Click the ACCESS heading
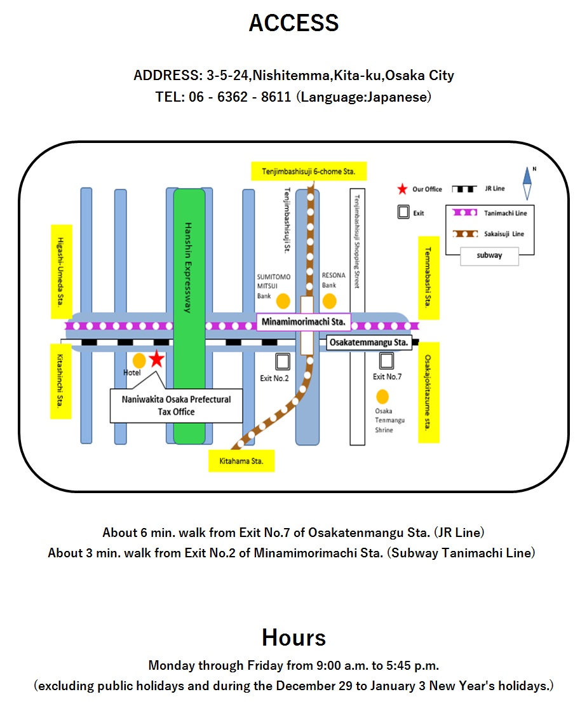[x=293, y=24]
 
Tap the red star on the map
[x=156, y=360]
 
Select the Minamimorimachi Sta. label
[x=304, y=323]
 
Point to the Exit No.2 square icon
[x=282, y=362]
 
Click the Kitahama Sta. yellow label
[x=241, y=461]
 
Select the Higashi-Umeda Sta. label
[x=61, y=271]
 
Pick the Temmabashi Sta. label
[x=428, y=278]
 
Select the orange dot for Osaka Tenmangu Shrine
[x=382, y=397]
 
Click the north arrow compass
[x=527, y=184]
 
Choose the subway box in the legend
[x=490, y=255]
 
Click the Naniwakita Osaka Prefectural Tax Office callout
[x=176, y=405]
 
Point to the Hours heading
[x=293, y=637]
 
